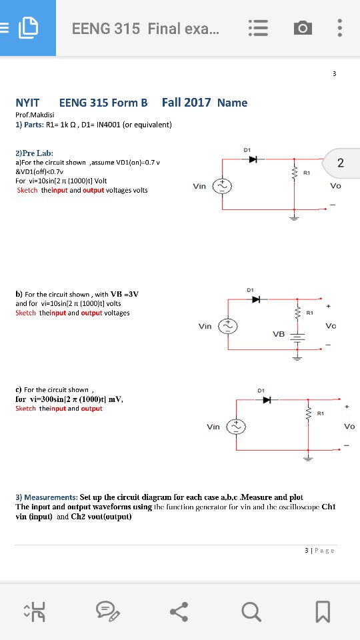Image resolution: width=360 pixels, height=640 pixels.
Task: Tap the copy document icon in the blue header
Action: click(29, 28)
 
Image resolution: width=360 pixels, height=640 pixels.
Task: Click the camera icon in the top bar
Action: click(303, 29)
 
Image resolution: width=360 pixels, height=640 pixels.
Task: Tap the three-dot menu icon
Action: click(339, 28)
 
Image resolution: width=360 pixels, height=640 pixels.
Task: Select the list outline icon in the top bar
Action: click(259, 29)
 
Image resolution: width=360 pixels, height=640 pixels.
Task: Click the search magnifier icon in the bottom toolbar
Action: click(251, 612)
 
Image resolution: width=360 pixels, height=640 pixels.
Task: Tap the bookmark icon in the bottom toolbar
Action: click(323, 612)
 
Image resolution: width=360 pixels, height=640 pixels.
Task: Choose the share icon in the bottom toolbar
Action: click(179, 612)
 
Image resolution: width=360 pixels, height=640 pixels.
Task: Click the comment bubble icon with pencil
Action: click(107, 612)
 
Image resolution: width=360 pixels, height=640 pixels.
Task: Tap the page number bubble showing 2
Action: click(341, 163)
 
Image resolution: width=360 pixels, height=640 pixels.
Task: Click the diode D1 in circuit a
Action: click(254, 159)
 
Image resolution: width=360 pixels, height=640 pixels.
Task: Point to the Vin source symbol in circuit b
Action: click(226, 326)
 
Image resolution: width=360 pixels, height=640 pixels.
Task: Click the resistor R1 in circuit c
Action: click(308, 414)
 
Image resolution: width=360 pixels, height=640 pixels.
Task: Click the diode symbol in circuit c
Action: click(267, 400)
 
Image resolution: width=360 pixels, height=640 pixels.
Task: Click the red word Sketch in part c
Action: click(25, 409)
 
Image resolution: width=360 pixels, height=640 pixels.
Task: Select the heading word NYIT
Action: click(27, 103)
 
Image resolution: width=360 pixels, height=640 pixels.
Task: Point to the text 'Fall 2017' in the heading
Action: click(186, 103)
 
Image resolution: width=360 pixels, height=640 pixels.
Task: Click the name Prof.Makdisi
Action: click(35, 115)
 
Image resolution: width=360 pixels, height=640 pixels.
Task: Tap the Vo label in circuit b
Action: click(331, 326)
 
